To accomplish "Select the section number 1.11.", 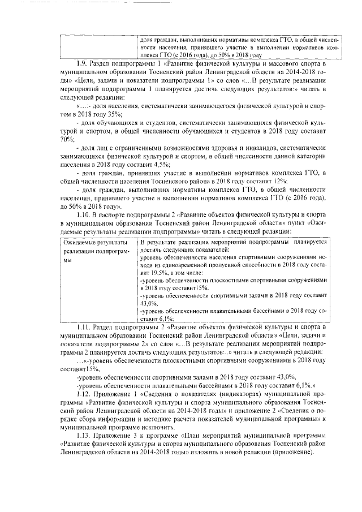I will pos(83,327).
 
